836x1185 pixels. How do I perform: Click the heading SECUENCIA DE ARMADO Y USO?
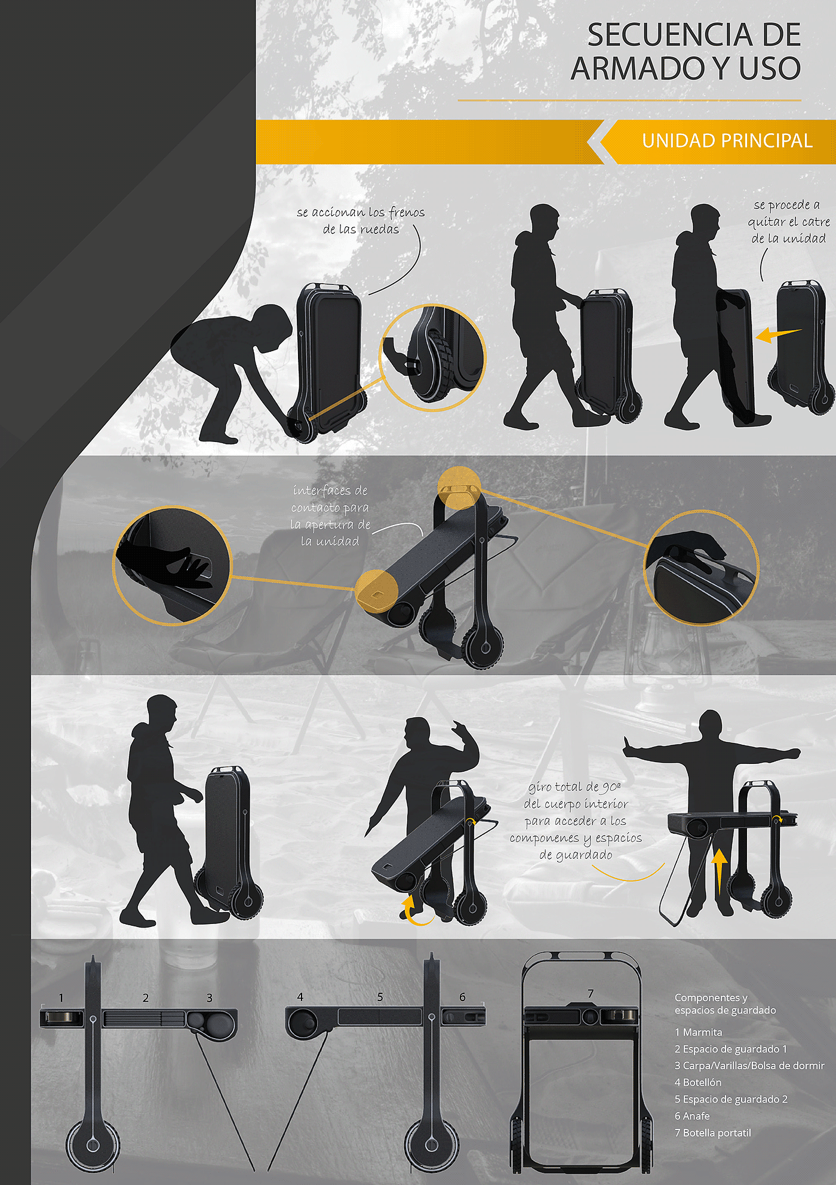(686, 51)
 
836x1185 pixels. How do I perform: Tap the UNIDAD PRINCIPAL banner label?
(727, 141)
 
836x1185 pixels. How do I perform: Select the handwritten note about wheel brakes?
(361, 220)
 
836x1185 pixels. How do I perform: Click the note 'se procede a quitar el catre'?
(788, 222)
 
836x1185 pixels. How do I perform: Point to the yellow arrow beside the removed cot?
(778, 334)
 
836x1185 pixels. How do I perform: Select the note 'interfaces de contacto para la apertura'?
(330, 516)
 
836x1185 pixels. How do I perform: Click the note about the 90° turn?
(576, 821)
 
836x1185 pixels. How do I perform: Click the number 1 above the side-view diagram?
(61, 997)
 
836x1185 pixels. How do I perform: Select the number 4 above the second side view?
(300, 997)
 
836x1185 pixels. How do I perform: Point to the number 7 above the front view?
(591, 993)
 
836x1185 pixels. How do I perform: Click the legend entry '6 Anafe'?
(692, 1116)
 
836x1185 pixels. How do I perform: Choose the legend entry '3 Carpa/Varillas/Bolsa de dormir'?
(749, 1066)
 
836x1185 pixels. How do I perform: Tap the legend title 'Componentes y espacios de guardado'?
(726, 1004)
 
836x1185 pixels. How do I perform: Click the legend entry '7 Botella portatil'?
(713, 1132)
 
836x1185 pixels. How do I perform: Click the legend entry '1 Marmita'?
(699, 1032)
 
